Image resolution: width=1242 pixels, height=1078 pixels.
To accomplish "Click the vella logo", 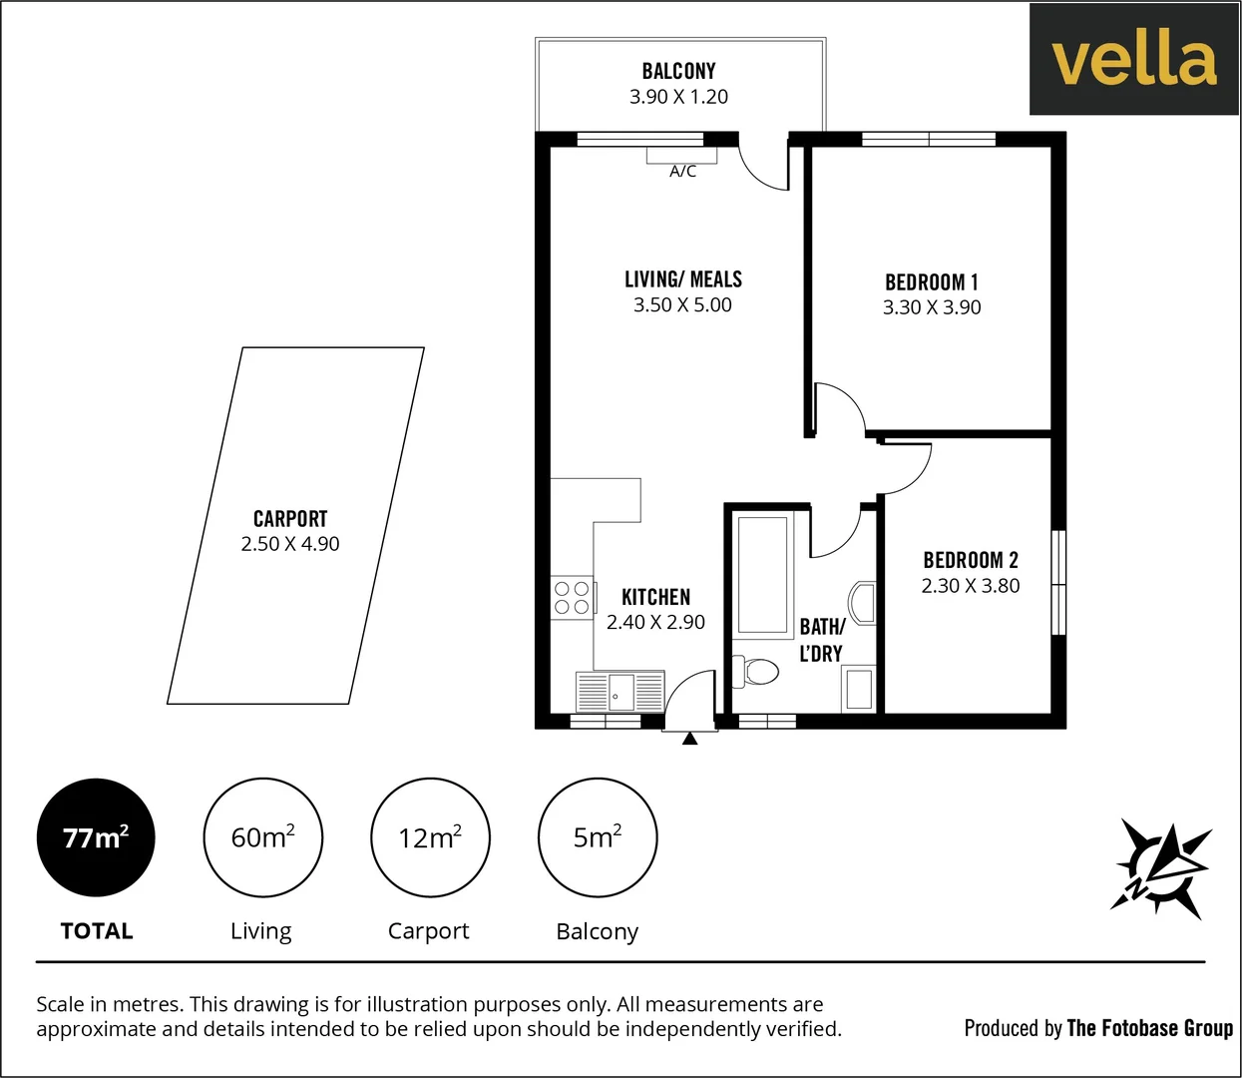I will coord(1134,60).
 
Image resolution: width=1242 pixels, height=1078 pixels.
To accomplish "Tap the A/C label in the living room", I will coord(682,172).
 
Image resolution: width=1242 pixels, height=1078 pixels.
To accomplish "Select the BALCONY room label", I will coord(678,71).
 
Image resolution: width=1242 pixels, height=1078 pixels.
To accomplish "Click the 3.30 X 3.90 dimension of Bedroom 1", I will coord(931,307).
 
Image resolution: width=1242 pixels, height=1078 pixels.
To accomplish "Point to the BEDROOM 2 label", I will coord(970,560).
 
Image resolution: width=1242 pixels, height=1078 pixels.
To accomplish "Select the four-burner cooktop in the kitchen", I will coord(572,598).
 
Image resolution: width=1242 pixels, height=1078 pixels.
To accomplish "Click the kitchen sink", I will coord(620,691).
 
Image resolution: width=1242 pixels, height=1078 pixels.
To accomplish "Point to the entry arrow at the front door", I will coord(689,739).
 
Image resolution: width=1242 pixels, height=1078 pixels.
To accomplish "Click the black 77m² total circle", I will coord(96,837).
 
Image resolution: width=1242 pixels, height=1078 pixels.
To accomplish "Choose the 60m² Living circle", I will coord(262,837).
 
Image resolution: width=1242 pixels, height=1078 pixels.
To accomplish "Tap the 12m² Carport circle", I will coord(430,837).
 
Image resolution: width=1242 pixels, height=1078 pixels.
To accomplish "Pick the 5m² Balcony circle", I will coord(598,837).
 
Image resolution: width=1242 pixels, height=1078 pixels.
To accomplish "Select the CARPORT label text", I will coord(290,519).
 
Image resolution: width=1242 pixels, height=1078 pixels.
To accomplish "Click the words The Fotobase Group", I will coord(1149,1028).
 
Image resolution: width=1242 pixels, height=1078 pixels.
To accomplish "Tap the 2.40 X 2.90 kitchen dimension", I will coord(655,622).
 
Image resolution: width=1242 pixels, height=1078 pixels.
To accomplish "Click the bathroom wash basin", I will coord(862,603).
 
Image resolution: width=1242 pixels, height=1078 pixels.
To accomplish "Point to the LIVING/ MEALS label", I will coord(683,279).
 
